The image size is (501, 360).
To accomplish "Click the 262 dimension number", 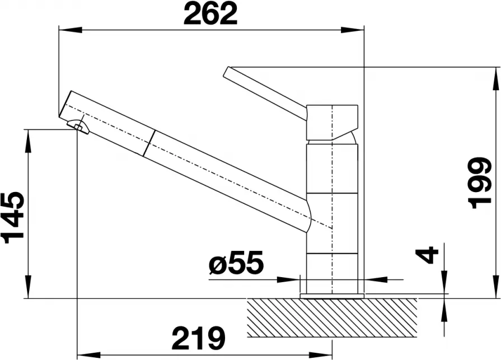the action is (x=210, y=14).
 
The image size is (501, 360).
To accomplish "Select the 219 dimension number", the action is (x=198, y=338).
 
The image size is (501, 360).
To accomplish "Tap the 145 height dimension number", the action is (x=13, y=218).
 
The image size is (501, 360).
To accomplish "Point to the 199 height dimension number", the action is (x=479, y=183).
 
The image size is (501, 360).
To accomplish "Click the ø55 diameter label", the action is (x=236, y=262).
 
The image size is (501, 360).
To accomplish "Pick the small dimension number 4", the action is (x=427, y=255).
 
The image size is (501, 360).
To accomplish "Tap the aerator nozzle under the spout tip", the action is (x=78, y=127).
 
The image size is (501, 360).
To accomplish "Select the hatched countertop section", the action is (x=332, y=318).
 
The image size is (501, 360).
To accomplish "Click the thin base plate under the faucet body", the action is (x=332, y=296).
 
